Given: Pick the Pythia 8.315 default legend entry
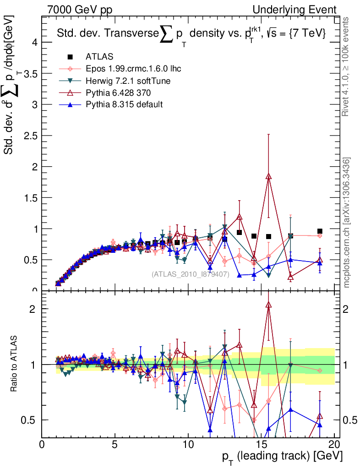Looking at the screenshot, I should click(x=124, y=104).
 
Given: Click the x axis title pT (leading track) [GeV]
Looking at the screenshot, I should click(x=281, y=457).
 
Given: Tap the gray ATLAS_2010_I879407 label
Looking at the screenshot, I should click(x=190, y=274).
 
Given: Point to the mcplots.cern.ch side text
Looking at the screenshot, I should click(x=347, y=223).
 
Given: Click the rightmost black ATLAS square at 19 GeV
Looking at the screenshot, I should click(x=320, y=231).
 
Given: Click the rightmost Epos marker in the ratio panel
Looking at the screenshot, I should click(x=320, y=370).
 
